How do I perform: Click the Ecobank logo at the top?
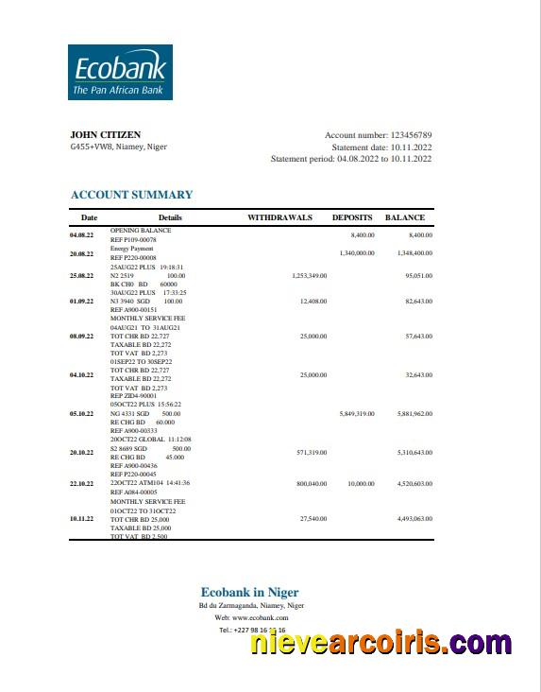pos(118,72)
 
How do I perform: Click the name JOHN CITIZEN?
pos(99,135)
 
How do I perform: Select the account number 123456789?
pos(411,135)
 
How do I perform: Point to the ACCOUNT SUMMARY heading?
pos(131,195)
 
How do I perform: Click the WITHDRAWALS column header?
pos(279,217)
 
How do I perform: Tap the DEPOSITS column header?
pos(352,217)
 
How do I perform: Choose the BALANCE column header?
pos(405,217)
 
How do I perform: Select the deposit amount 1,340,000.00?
pos(357,253)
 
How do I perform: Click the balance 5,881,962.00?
pos(414,413)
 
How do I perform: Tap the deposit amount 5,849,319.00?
pos(357,413)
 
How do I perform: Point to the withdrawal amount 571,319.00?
pos(308,452)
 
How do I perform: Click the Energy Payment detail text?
pos(132,248)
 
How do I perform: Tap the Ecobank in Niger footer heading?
pos(249,593)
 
